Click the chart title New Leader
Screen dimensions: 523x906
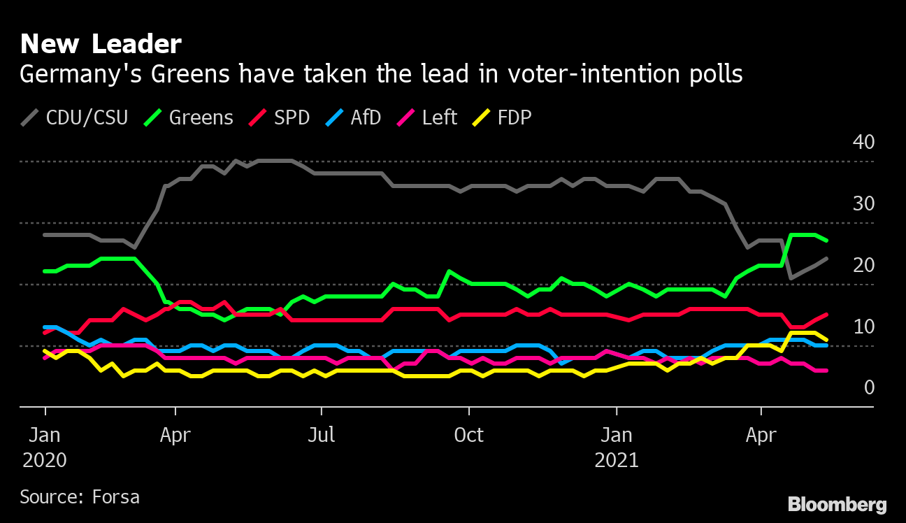(x=101, y=45)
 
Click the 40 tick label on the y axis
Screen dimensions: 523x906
(x=863, y=142)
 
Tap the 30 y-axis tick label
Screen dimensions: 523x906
(x=863, y=203)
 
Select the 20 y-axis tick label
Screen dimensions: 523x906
(x=863, y=265)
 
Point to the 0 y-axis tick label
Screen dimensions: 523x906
(x=869, y=387)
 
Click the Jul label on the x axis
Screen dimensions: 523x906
(x=322, y=435)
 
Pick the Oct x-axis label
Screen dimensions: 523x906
(x=468, y=435)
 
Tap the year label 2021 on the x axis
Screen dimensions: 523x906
(x=617, y=461)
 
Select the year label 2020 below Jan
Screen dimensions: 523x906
(x=45, y=461)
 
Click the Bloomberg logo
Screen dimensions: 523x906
(x=837, y=504)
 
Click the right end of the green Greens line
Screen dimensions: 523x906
(x=826, y=241)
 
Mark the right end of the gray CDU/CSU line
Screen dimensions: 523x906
(x=826, y=259)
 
